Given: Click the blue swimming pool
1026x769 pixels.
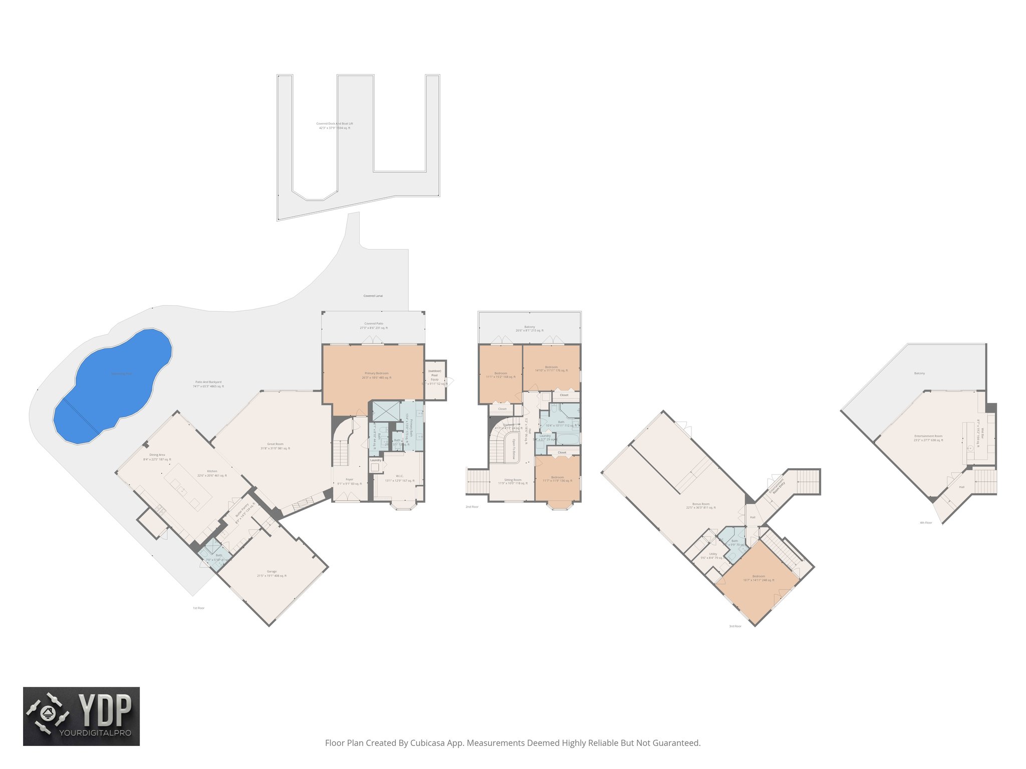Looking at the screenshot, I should pos(113,386).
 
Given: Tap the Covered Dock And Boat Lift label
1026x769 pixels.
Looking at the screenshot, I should pos(335,124).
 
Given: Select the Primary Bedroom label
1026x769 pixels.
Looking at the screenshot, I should pos(376,373).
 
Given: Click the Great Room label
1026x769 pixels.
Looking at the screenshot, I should pos(275,444).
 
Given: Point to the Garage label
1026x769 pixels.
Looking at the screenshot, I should pos(272,571).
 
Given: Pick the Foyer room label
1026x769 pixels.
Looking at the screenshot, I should pos(349,480).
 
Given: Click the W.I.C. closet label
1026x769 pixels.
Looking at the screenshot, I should pos(399,476).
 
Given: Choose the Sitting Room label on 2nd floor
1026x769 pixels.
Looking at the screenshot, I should pos(512,480).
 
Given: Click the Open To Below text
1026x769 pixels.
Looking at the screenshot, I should pos(514,449).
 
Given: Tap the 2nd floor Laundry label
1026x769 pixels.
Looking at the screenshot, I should pos(545,436).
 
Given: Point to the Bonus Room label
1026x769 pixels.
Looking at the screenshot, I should pos(700,504).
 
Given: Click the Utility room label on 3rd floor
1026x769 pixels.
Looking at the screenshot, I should pos(713,554).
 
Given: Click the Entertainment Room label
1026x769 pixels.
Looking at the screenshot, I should pos(928,436).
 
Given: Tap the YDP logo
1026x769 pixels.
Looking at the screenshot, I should pos(81,716).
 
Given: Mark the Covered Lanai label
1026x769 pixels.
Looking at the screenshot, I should pos(373,296).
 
